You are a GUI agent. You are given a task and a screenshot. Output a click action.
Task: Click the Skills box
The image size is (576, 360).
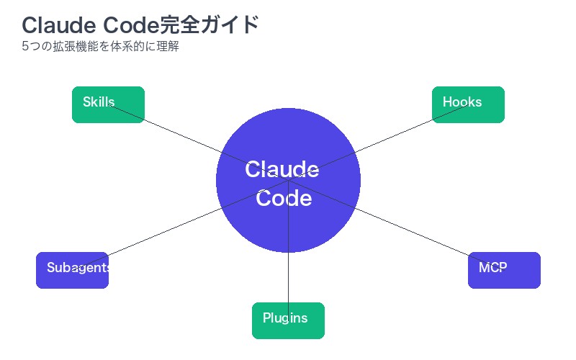click(108, 104)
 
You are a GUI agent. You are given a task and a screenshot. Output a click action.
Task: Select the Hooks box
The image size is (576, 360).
click(468, 104)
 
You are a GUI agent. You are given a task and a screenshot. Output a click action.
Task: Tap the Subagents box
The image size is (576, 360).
click(72, 270)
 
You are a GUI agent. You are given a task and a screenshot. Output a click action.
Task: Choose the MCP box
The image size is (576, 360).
click(504, 270)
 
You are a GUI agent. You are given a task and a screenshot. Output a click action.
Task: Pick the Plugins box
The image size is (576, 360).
click(288, 320)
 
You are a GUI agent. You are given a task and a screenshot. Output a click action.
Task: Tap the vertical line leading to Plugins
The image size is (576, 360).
click(288, 274)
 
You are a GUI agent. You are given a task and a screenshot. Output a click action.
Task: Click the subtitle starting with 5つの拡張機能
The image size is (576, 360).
click(100, 48)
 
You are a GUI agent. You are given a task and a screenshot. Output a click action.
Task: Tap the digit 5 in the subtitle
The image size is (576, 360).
click(25, 48)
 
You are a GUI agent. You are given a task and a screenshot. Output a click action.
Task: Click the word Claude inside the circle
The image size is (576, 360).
click(282, 170)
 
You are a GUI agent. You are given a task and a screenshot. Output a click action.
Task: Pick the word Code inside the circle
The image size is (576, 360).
click(284, 198)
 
